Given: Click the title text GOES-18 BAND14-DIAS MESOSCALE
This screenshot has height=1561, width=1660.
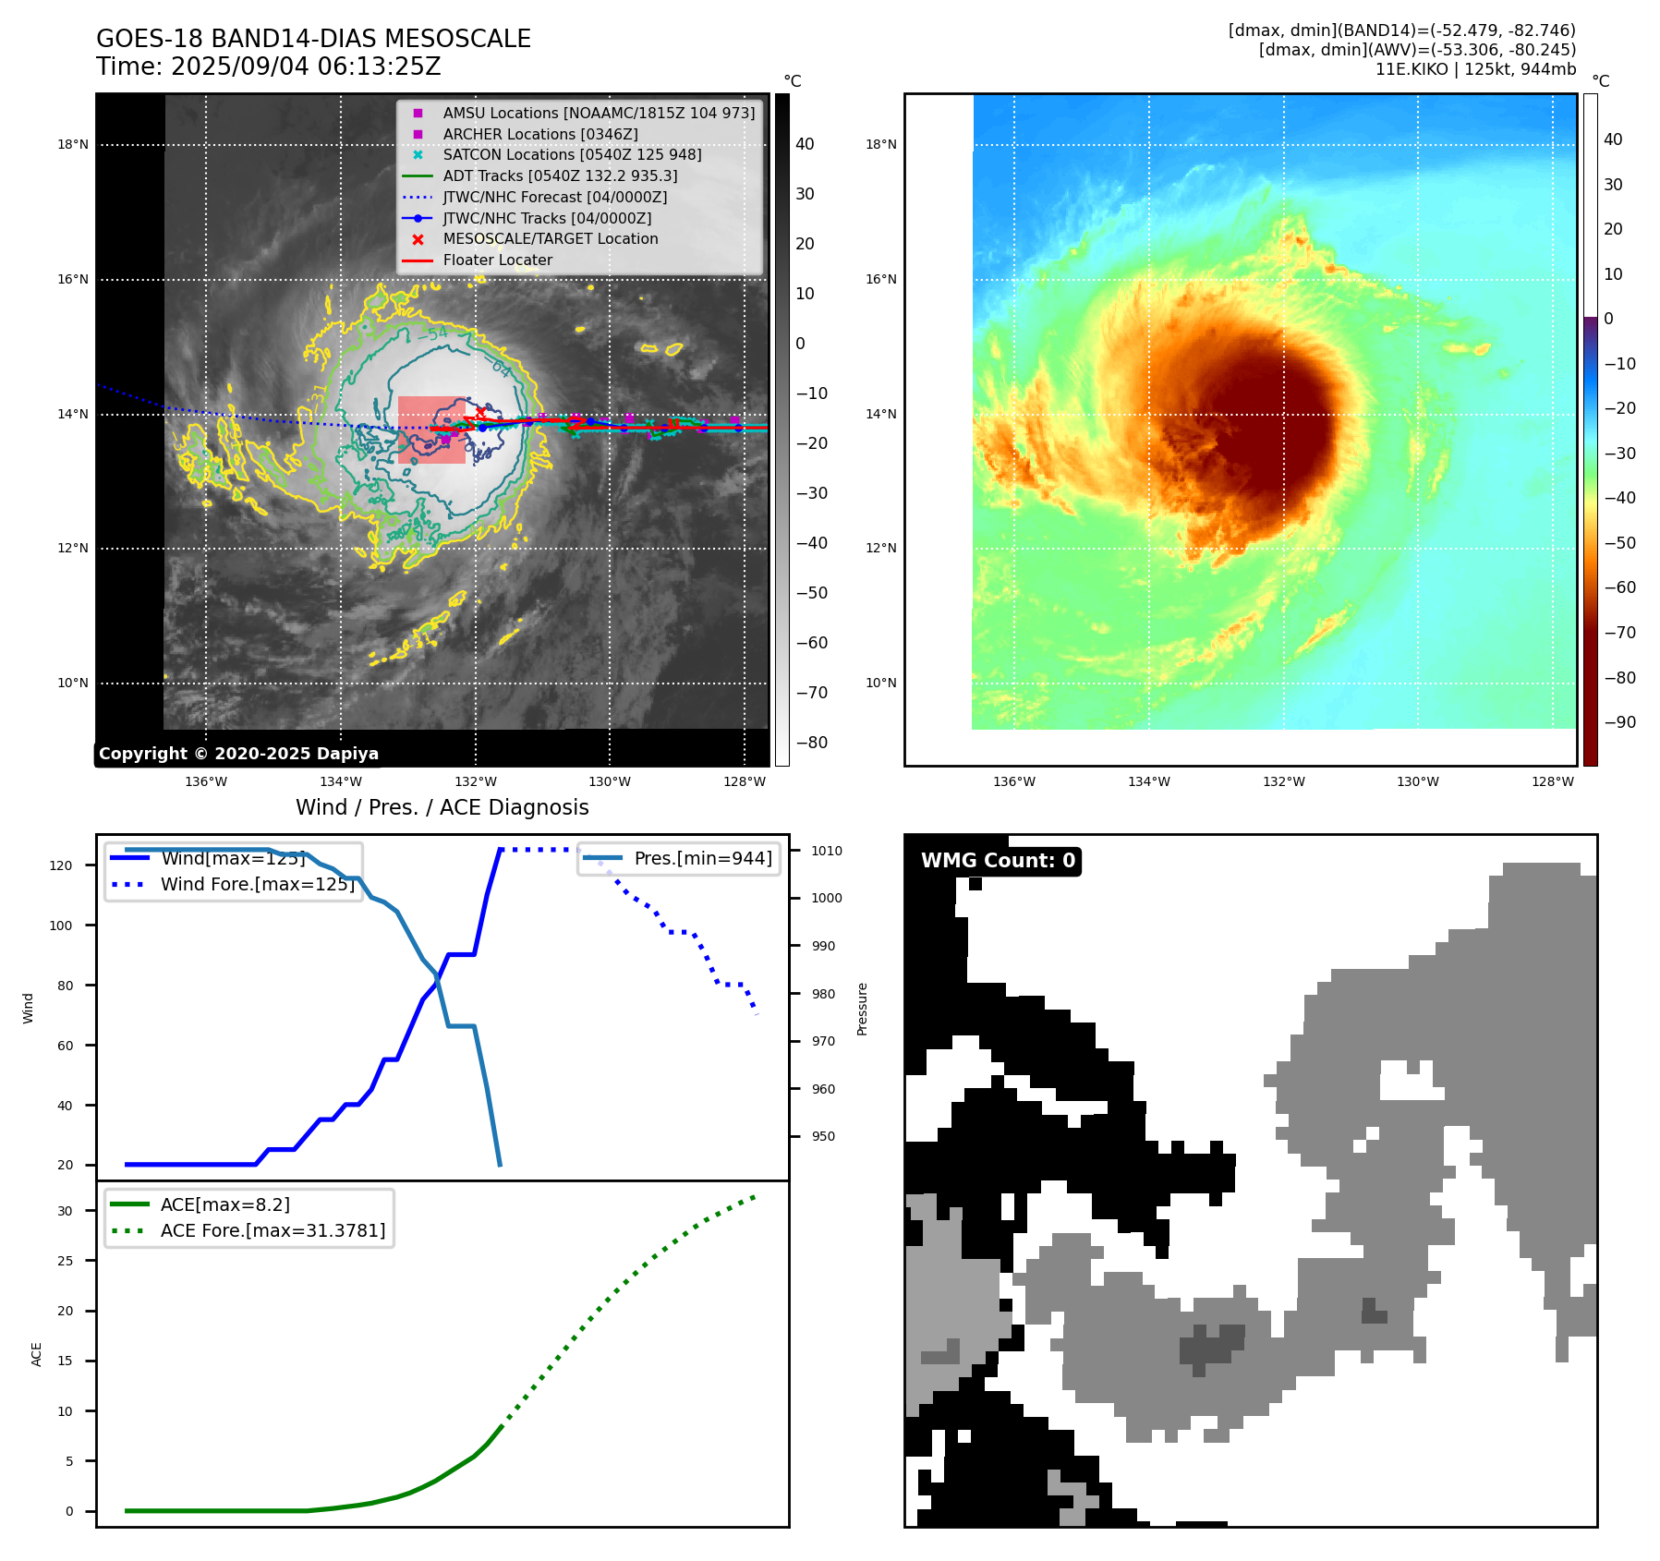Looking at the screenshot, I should tap(313, 39).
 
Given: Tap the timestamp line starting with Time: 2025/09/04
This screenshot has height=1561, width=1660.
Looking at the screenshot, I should tap(268, 67).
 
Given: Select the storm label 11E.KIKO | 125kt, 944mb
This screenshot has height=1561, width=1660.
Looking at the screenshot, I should tap(1475, 69).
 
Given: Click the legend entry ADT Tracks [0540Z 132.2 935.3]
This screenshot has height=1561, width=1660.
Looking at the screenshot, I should tap(560, 175).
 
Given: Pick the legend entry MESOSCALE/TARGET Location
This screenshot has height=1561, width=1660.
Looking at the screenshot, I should tap(550, 238).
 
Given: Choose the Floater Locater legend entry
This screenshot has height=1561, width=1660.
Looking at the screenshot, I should tap(497, 260).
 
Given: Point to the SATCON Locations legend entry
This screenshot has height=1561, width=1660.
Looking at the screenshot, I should tap(572, 154).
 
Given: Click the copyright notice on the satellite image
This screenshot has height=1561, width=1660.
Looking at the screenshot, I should tap(238, 754).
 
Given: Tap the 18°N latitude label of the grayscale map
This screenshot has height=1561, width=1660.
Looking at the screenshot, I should tap(73, 144).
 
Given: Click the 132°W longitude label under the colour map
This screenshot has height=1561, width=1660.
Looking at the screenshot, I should tap(1284, 781).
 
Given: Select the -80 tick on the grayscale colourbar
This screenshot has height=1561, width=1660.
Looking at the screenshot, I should tap(812, 743).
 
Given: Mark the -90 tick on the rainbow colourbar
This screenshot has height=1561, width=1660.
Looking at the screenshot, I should tap(1619, 722).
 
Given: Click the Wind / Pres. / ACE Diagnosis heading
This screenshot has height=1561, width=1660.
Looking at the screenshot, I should tap(442, 807).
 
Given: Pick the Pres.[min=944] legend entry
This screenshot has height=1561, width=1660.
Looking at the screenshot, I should tap(702, 858).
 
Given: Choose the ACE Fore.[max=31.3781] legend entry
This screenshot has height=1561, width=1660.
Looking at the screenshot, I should tap(273, 1230).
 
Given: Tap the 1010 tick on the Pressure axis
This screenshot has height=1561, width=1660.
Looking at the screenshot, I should tap(827, 851).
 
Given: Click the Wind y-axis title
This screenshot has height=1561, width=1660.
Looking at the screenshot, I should tap(28, 1008).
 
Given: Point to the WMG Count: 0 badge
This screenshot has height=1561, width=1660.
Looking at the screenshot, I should tap(998, 861).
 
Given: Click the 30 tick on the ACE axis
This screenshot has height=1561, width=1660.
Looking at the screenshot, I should tap(65, 1211).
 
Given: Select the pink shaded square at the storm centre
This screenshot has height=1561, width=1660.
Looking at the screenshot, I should tap(431, 430).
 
